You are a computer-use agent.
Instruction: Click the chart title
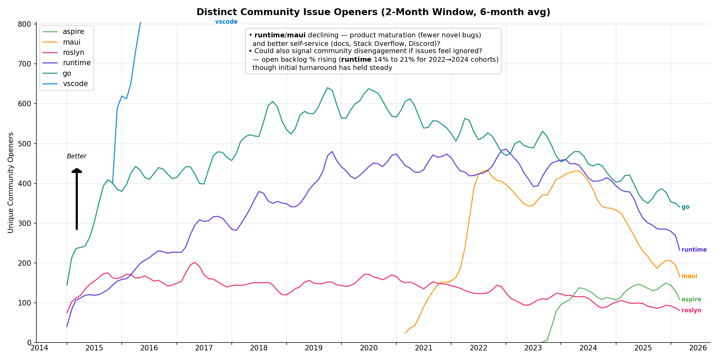tap(373, 12)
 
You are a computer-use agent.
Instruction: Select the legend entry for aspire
tap(73, 32)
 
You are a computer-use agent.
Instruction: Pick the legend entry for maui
tap(72, 42)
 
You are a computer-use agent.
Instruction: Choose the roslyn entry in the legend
tap(73, 52)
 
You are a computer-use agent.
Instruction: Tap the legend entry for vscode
tap(75, 84)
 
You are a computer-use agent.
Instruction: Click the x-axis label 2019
tap(314, 348)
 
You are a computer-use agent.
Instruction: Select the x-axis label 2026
tap(698, 348)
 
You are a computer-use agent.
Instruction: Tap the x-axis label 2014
tap(39, 348)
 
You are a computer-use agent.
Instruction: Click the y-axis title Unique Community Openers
tap(11, 182)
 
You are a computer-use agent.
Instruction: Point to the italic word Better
tap(76, 156)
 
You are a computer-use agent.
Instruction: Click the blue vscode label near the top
tap(226, 22)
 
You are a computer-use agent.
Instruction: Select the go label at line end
tap(685, 207)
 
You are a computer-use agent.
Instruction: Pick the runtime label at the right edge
tap(694, 250)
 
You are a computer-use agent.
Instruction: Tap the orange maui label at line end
tap(689, 276)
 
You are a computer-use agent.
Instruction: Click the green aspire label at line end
tap(691, 300)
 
